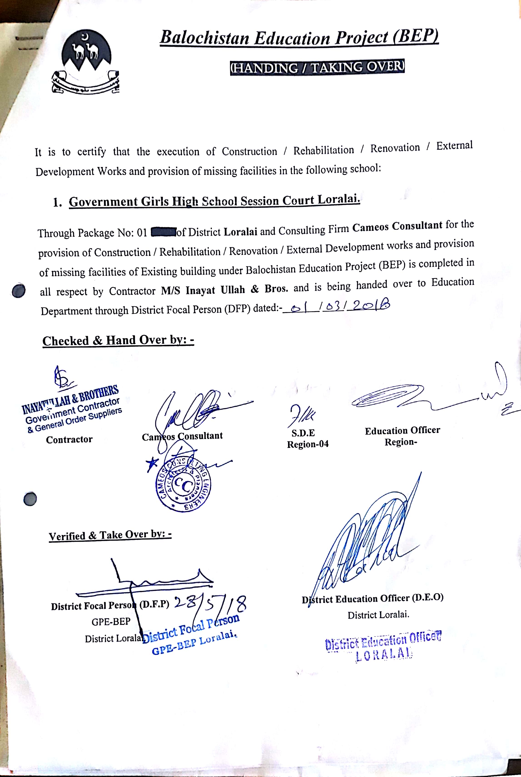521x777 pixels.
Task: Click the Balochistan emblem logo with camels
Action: pos(86,63)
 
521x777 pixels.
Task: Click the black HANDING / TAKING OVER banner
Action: pos(317,68)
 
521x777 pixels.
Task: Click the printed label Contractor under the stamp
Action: pos(69,439)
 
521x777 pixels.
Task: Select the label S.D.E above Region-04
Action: pos(303,433)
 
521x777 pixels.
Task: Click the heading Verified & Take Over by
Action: pos(110,535)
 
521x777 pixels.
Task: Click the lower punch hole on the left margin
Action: pos(30,499)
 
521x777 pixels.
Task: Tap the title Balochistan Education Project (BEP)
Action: pos(299,37)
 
